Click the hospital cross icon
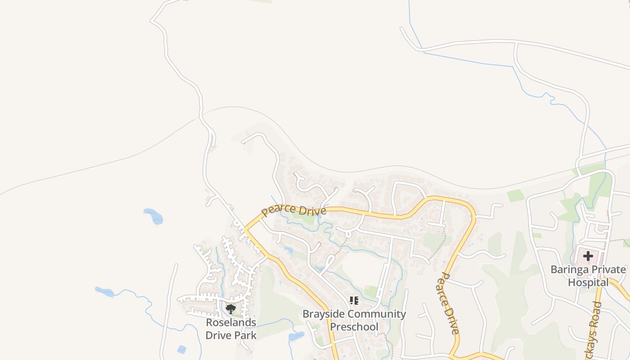[588, 256]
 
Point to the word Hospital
[588, 283]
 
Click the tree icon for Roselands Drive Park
[231, 309]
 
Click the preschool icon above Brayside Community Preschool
[354, 300]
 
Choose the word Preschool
[354, 327]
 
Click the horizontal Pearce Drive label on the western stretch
[294, 210]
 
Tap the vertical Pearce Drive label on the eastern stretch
[448, 303]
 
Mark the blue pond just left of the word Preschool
[297, 336]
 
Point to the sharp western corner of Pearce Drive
[244, 229]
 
